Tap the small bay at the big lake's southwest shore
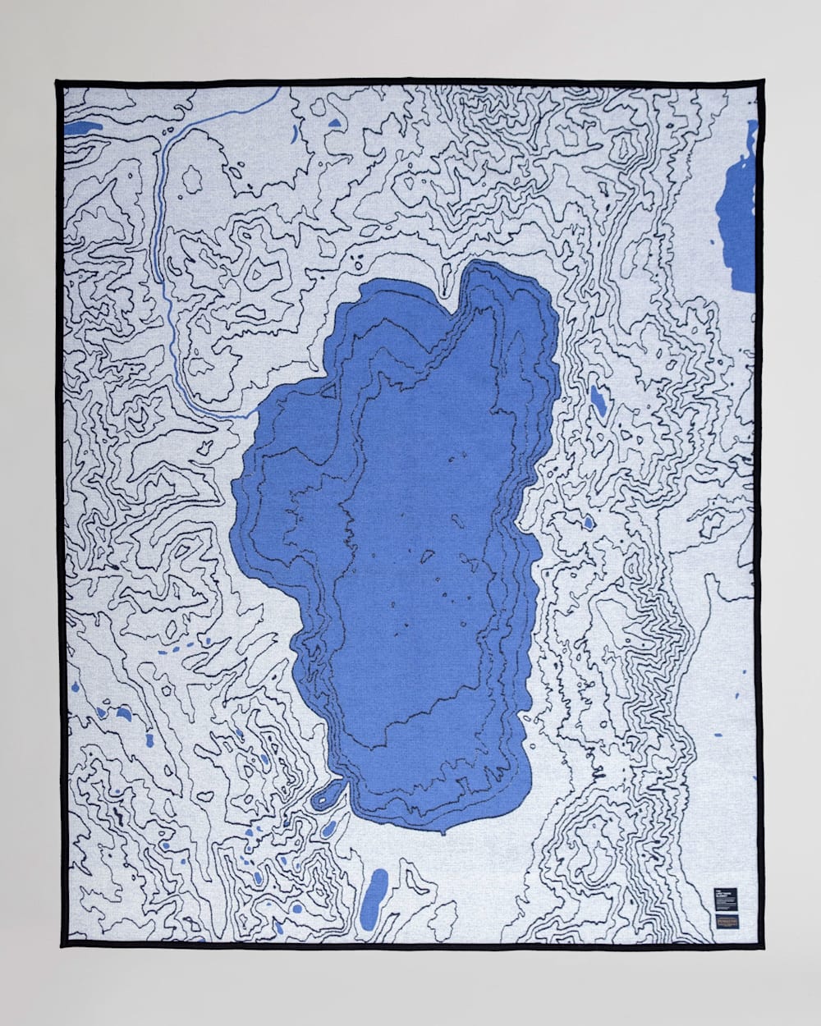coord(331,792)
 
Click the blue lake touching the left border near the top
coord(82,129)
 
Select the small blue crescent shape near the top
coord(294,131)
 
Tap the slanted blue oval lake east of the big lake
coord(599,400)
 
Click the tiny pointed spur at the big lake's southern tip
coord(444,832)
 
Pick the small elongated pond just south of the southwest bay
coord(328,829)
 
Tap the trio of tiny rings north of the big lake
coord(359,261)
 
